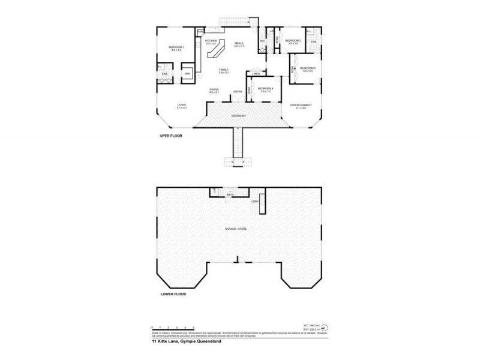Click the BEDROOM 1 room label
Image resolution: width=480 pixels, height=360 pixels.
(176, 47)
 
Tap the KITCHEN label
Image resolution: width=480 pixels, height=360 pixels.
(211, 41)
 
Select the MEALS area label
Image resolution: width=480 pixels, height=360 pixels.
(239, 43)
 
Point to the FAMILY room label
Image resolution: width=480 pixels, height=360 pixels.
(223, 70)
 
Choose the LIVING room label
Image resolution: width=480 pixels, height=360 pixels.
(181, 106)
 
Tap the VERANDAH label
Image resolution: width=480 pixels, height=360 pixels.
(239, 115)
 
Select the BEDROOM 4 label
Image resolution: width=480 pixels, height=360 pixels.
(265, 89)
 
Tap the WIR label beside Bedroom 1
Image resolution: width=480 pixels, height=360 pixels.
(187, 73)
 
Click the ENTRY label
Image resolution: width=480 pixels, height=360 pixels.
(238, 91)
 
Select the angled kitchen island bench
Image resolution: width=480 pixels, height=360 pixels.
(215, 50)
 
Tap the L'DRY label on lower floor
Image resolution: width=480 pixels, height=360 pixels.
(255, 201)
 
